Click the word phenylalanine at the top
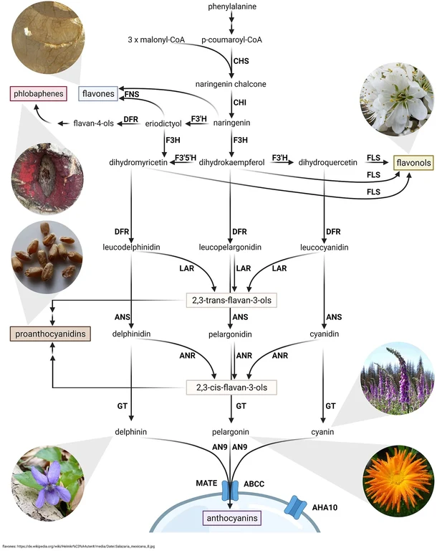pyautogui.click(x=231, y=8)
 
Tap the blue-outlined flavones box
pyautogui.click(x=97, y=93)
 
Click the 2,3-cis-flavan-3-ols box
pyautogui.click(x=231, y=387)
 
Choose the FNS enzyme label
pyautogui.click(x=132, y=94)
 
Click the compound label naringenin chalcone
pyautogui.click(x=231, y=84)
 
